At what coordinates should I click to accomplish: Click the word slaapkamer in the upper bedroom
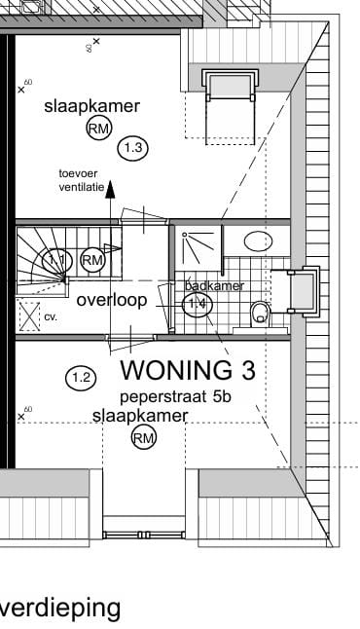pyautogui.click(x=91, y=106)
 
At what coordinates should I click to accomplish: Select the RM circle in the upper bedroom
pyautogui.click(x=98, y=129)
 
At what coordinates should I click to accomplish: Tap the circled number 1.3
pyautogui.click(x=132, y=148)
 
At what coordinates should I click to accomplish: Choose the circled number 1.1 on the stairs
pyautogui.click(x=57, y=260)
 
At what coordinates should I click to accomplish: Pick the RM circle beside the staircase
pyautogui.click(x=92, y=260)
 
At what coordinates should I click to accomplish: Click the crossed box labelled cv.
pyautogui.click(x=29, y=316)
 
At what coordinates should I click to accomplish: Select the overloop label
pyautogui.click(x=112, y=300)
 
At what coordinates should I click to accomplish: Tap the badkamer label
pyautogui.click(x=213, y=286)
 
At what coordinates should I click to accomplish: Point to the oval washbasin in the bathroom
pyautogui.click(x=258, y=241)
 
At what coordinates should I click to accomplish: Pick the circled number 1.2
pyautogui.click(x=80, y=377)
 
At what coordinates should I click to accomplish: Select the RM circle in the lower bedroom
pyautogui.click(x=144, y=439)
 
